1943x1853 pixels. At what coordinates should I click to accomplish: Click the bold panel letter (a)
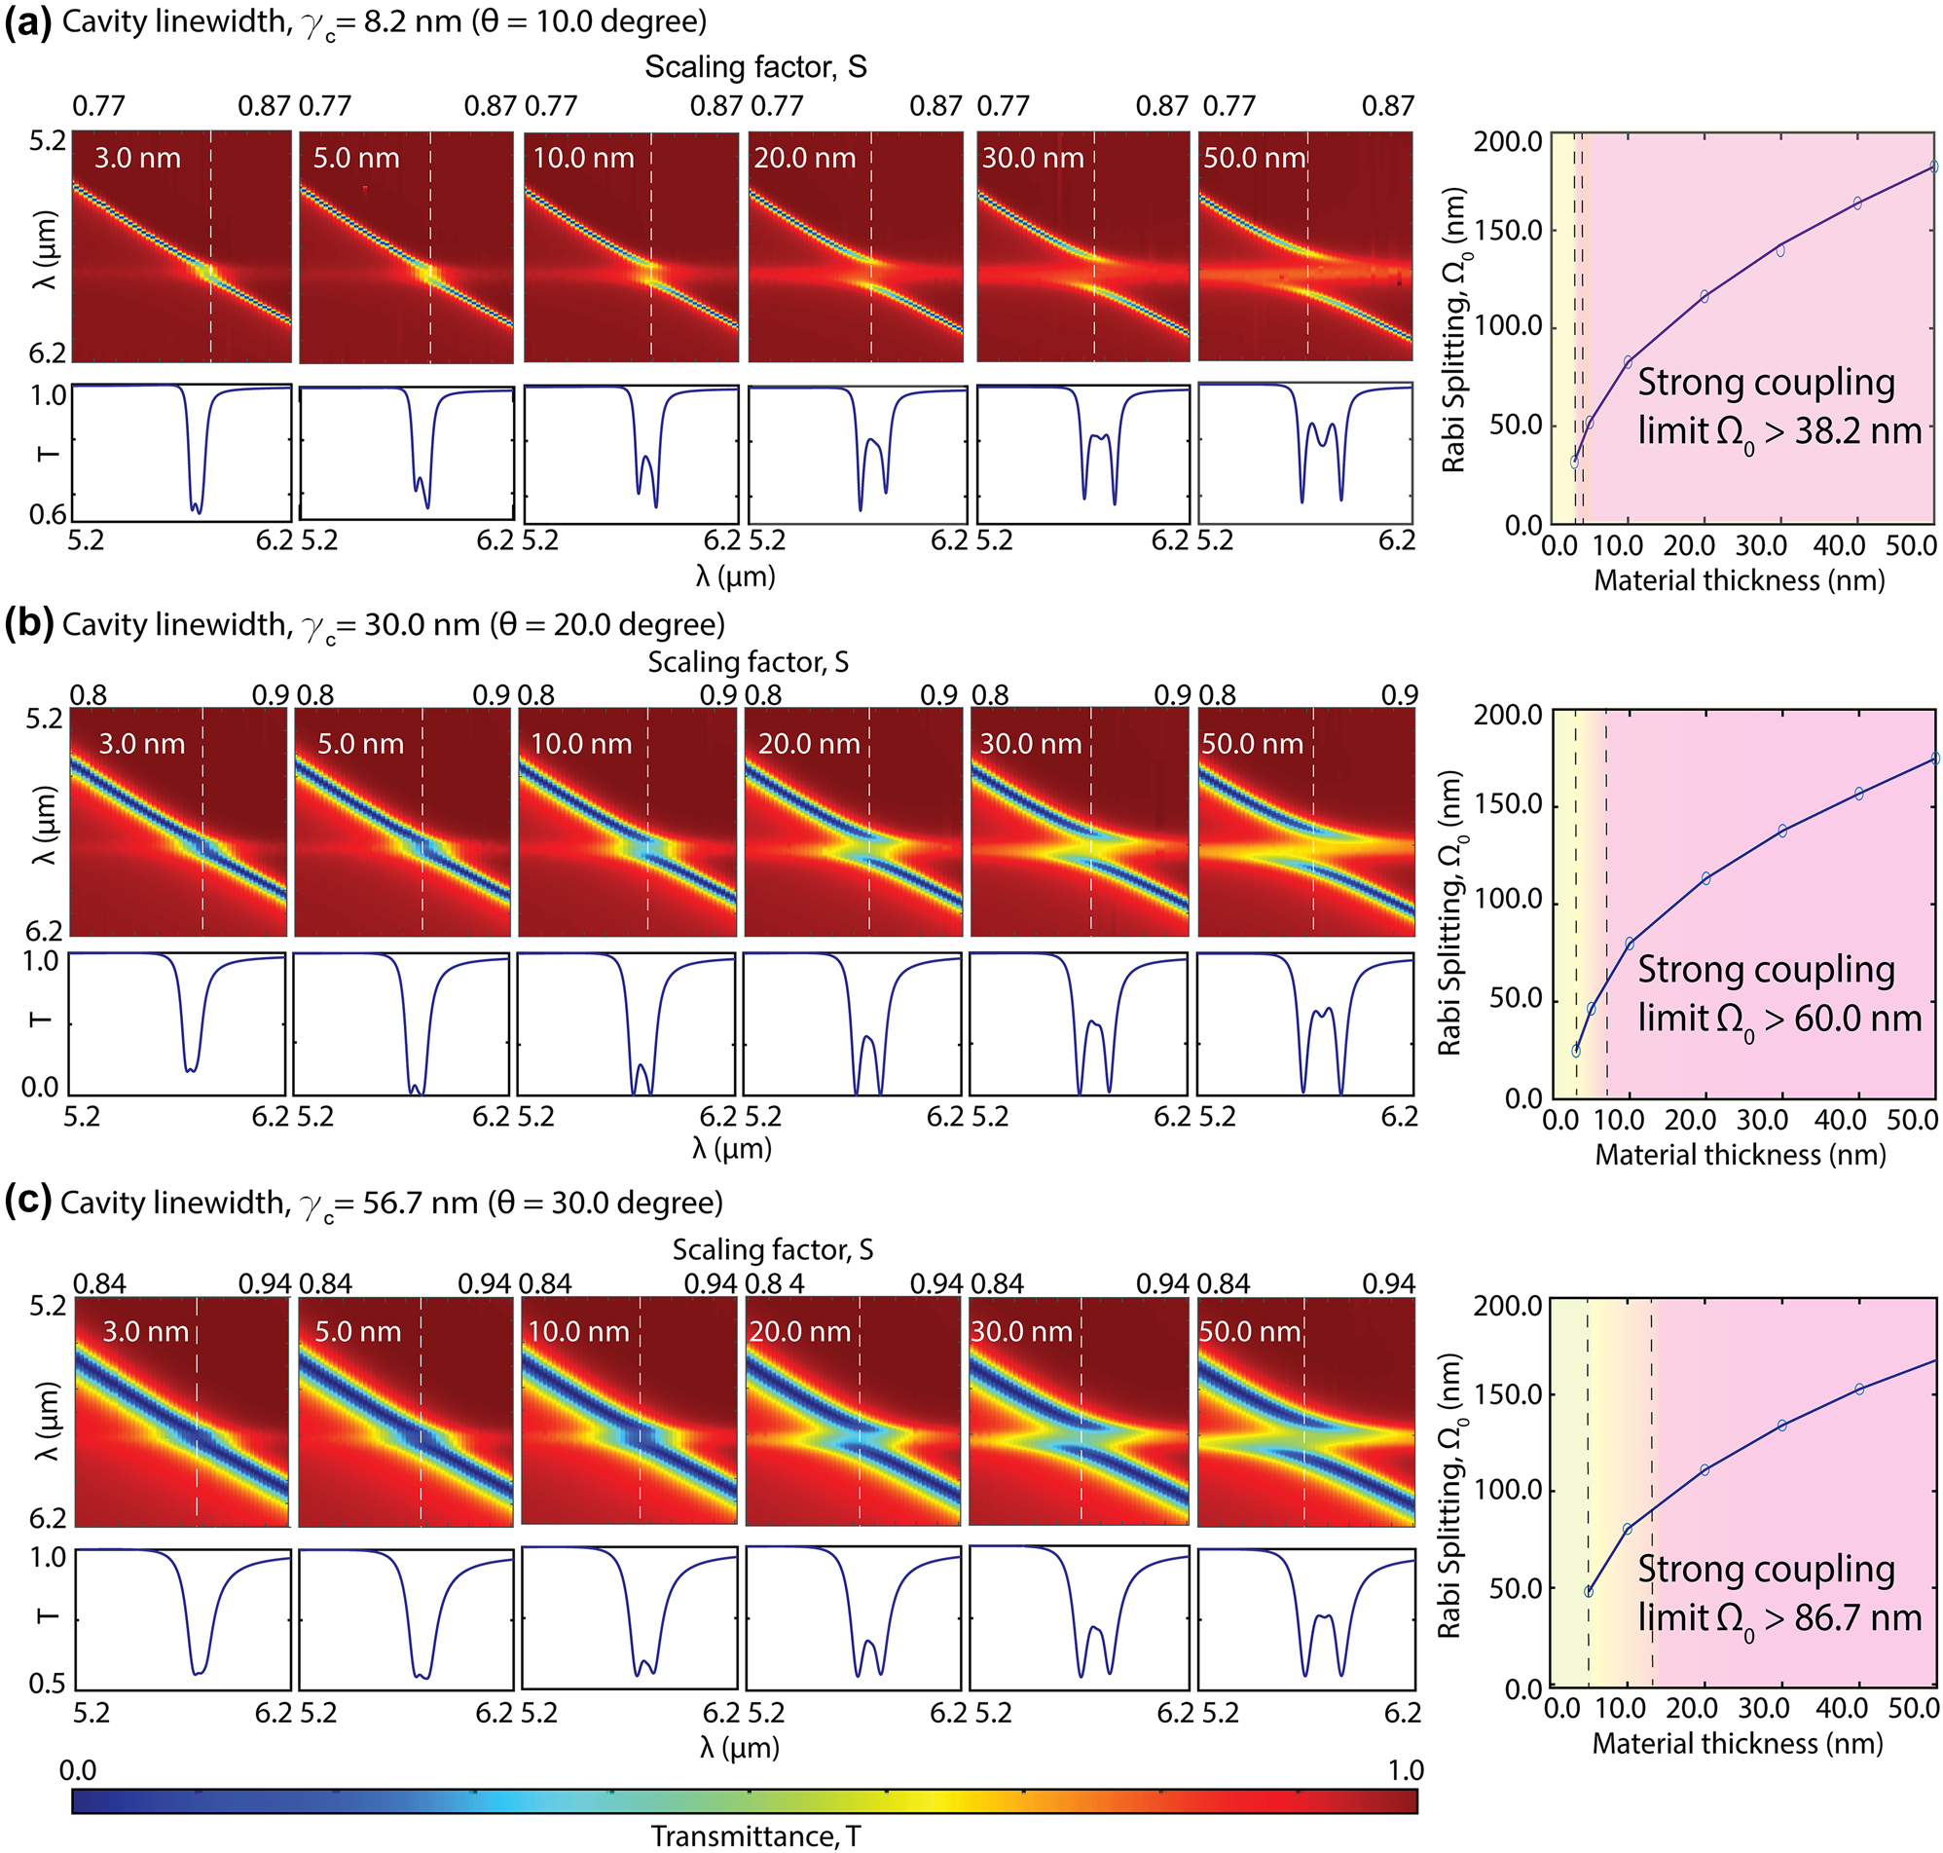click(27, 22)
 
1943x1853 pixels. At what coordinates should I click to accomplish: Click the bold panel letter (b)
click(27, 625)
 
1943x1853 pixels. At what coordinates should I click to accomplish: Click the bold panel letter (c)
click(27, 1203)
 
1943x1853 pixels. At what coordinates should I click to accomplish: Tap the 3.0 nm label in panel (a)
click(137, 158)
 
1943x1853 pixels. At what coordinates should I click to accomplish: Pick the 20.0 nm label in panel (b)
click(809, 744)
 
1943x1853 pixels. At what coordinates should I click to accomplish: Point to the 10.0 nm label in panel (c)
click(578, 1331)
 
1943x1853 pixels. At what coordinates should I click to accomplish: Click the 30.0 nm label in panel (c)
click(1021, 1331)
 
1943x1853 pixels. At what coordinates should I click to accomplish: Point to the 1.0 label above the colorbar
click(1405, 1770)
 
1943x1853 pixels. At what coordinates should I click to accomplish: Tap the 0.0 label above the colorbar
click(78, 1770)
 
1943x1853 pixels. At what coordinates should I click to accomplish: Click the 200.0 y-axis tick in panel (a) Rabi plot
click(1507, 141)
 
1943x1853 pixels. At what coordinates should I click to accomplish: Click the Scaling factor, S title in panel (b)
click(748, 662)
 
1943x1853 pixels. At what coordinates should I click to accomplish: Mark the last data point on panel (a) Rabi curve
click(1934, 167)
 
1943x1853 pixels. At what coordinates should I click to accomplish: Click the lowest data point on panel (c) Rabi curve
click(1589, 1591)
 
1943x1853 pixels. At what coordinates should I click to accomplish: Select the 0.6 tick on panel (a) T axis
click(48, 513)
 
